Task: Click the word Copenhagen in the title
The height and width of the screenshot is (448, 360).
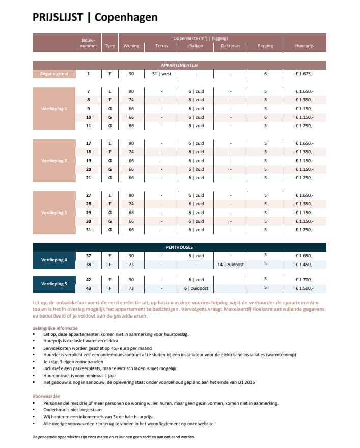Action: click(x=125, y=17)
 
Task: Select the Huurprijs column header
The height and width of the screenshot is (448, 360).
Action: click(x=304, y=46)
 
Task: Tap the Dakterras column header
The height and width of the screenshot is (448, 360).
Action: click(x=230, y=46)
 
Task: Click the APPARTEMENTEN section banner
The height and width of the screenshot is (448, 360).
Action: click(x=179, y=65)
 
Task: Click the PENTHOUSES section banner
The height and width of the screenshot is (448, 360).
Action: click(x=179, y=247)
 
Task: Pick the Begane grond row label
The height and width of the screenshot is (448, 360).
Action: click(x=54, y=74)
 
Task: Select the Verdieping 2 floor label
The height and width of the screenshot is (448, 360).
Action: click(x=54, y=161)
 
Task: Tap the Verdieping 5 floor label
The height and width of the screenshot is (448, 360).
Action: click(x=54, y=284)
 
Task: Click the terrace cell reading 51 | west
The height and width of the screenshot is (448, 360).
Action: click(x=161, y=74)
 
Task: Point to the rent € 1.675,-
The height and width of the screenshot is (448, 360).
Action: click(x=304, y=74)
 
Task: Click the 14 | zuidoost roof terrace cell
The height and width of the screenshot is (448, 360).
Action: click(x=230, y=264)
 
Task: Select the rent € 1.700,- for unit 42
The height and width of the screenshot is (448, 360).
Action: click(x=304, y=280)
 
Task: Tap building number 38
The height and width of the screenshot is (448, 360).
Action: click(x=88, y=265)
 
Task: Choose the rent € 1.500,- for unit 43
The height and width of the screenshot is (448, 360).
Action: click(x=304, y=288)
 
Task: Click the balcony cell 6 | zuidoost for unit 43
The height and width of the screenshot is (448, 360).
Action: click(x=196, y=288)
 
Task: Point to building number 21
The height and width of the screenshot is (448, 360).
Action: click(x=88, y=178)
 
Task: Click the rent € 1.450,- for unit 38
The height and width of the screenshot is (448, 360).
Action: click(x=304, y=265)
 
